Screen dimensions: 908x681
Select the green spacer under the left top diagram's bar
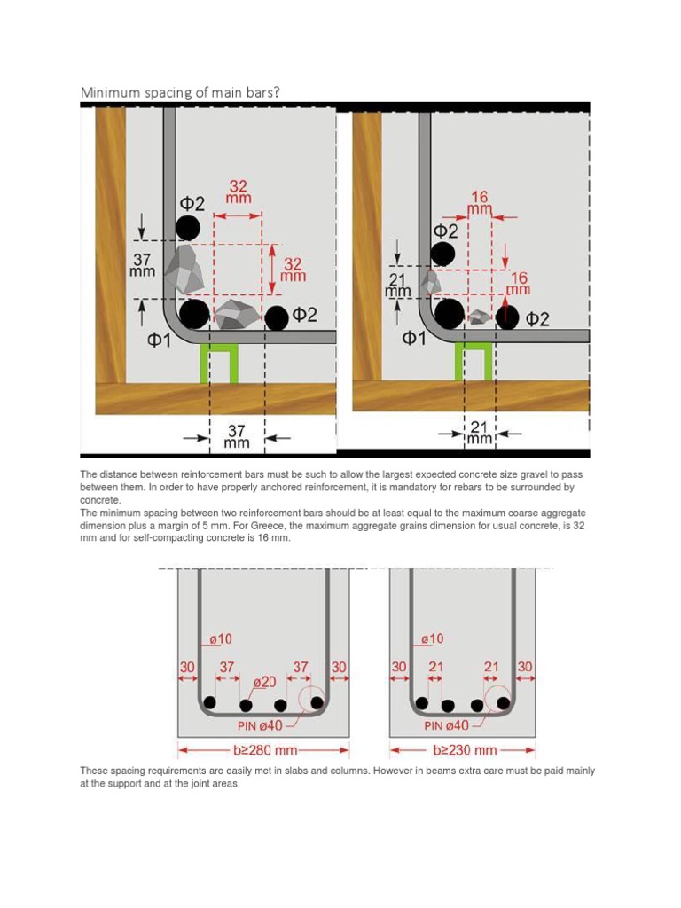click(221, 364)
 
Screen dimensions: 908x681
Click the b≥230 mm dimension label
click(464, 750)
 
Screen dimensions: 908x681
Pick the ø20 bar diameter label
click(264, 682)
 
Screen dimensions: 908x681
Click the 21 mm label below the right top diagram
click(480, 433)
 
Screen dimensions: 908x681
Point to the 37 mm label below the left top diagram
click(238, 435)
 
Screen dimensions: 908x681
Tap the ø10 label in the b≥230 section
click(434, 638)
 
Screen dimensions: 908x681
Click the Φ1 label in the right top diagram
click(413, 337)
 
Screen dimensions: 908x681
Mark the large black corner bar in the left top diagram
click(194, 313)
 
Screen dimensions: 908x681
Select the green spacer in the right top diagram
click(472, 362)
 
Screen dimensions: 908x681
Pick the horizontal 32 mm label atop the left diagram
click(239, 193)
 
